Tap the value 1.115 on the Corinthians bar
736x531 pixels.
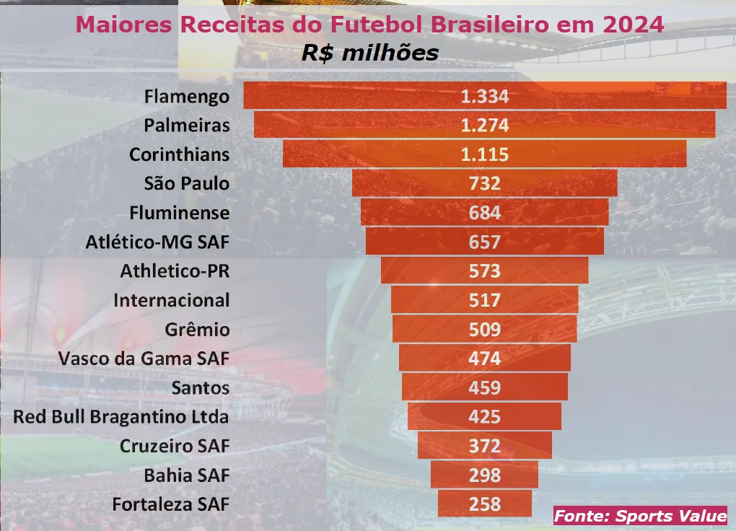pyautogui.click(x=485, y=154)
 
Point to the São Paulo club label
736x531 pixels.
pyautogui.click(x=187, y=183)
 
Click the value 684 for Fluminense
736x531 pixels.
pyautogui.click(x=485, y=213)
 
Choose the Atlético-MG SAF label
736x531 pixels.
pyautogui.click(x=157, y=242)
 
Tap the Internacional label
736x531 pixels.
pyautogui.click(x=172, y=300)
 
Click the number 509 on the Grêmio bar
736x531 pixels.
pyautogui.click(x=485, y=330)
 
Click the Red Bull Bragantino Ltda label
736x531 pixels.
pyautogui.click(x=121, y=417)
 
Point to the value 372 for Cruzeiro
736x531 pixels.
pyautogui.click(x=485, y=446)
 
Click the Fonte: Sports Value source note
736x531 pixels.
pyautogui.click(x=640, y=516)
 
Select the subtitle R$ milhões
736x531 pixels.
pyautogui.click(x=369, y=53)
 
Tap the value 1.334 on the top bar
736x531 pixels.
pyautogui.click(x=485, y=96)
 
